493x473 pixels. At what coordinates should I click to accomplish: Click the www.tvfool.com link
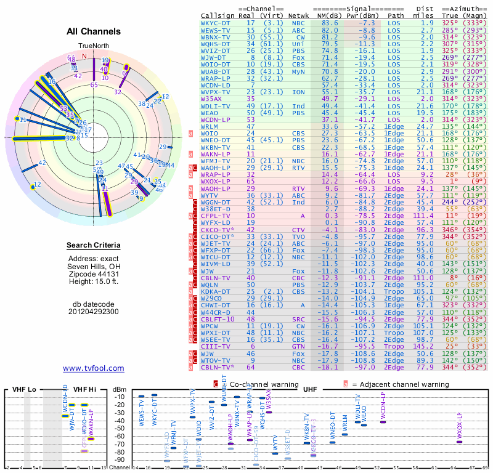pyautogui.click(x=94, y=368)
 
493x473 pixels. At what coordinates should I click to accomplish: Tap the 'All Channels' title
pyautogui.click(x=94, y=31)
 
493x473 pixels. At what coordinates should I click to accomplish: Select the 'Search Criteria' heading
pyautogui.click(x=94, y=246)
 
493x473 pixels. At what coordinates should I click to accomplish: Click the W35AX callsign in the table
pyautogui.click(x=211, y=98)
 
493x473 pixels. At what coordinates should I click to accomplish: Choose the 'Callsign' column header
pyautogui.click(x=218, y=15)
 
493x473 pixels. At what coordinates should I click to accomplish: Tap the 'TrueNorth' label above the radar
pyautogui.click(x=93, y=46)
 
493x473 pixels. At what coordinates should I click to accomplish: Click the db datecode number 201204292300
pyautogui.click(x=94, y=312)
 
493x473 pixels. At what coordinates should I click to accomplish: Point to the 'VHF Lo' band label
pyautogui.click(x=23, y=389)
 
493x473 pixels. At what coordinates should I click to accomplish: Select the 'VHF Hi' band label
pyautogui.click(x=84, y=389)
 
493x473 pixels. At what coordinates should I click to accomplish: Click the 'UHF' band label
pyautogui.click(x=310, y=389)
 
